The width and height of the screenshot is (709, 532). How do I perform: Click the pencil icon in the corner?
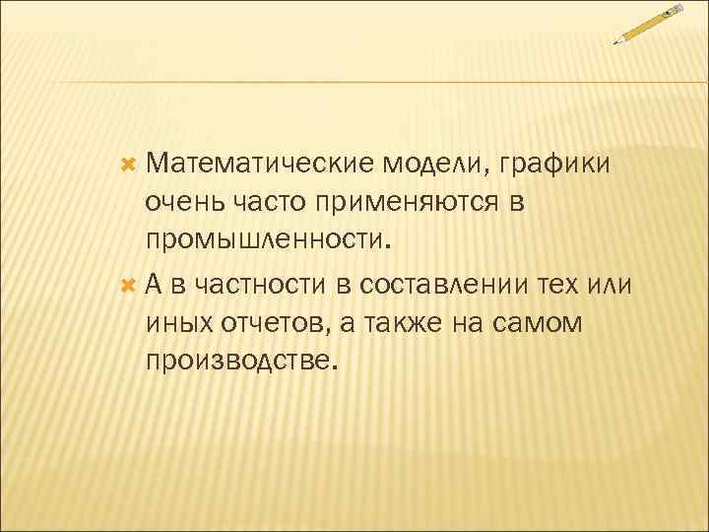point(649,24)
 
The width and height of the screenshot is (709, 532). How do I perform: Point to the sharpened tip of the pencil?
point(615,42)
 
